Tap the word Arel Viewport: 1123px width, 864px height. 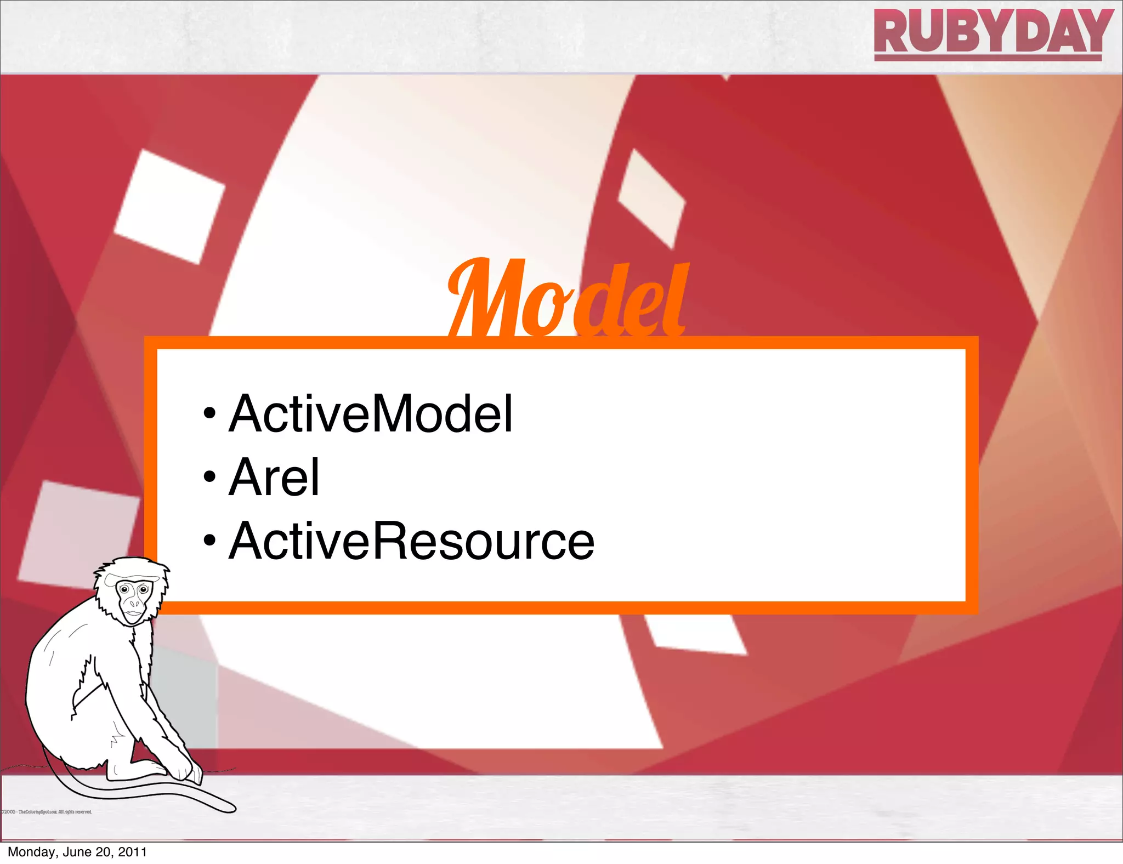[x=274, y=478]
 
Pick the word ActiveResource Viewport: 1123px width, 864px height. [x=411, y=542]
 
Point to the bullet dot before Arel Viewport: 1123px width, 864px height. [x=209, y=478]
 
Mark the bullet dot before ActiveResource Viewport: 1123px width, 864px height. [x=209, y=542]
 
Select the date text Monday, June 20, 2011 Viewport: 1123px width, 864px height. [x=77, y=852]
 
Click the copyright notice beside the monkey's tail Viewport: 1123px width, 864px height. [x=46, y=812]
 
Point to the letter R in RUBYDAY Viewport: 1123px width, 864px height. [x=893, y=32]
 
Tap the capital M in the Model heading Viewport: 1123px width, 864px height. [x=483, y=300]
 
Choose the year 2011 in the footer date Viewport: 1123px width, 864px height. [x=133, y=852]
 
